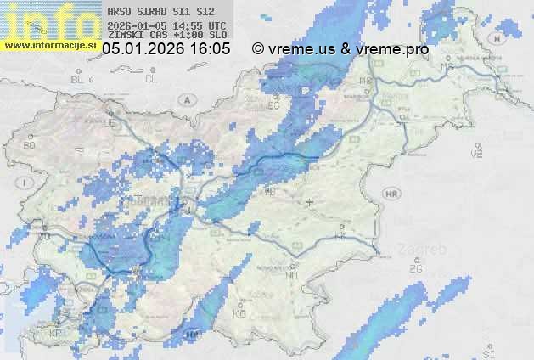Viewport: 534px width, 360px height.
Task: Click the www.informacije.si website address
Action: (49, 45)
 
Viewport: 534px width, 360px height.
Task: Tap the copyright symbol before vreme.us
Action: (258, 49)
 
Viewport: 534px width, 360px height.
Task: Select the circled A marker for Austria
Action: (186, 99)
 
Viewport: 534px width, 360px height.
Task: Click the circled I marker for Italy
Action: (27, 183)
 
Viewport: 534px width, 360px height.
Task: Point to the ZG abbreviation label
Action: (415, 269)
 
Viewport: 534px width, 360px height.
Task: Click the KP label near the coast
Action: (56, 333)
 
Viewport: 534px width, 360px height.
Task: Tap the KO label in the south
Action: (239, 313)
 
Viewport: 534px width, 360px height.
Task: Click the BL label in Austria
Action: (79, 79)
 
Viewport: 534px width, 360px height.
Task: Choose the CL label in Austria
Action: (151, 79)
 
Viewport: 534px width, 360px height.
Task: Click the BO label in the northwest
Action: (30, 145)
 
